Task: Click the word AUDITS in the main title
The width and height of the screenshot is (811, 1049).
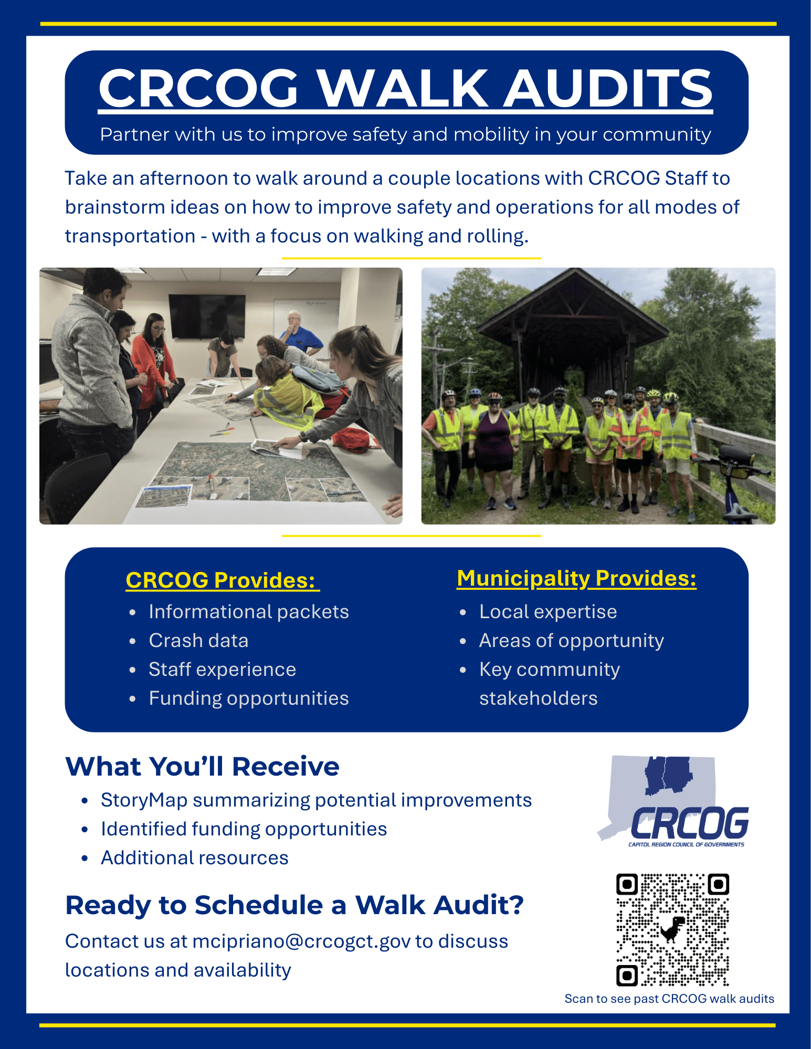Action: coord(608,88)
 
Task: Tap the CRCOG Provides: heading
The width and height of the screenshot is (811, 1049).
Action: coord(223,580)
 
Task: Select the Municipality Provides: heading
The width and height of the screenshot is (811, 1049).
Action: coord(576,579)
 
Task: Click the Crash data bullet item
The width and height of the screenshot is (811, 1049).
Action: coord(198,641)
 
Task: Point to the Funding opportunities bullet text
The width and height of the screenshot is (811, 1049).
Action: coord(249,698)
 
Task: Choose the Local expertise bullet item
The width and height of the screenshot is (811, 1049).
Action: coord(548,612)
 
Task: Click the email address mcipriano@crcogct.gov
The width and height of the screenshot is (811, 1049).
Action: coord(301,941)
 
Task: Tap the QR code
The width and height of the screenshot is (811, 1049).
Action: coord(672,930)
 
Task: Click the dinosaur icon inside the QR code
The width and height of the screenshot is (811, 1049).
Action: coord(672,929)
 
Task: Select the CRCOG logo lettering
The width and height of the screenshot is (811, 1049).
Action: coord(690,823)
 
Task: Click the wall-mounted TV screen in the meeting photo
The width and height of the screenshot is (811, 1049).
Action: coord(207,316)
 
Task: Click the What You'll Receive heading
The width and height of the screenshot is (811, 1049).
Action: coord(202,766)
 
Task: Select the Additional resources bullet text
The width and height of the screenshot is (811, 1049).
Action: coord(195,858)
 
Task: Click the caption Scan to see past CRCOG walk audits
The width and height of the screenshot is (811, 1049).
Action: coord(669,999)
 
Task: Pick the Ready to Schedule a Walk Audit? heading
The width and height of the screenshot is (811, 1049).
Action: coord(294,905)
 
